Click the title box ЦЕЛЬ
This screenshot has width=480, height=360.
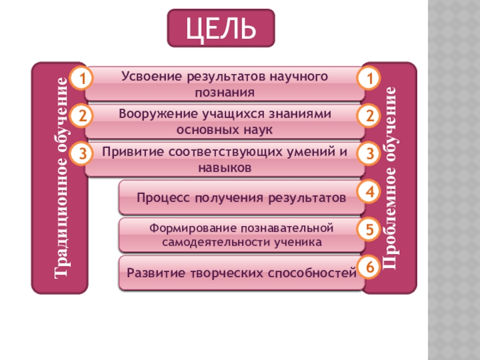coord(221,28)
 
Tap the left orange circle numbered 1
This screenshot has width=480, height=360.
coord(83,79)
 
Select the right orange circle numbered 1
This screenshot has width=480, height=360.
coord(370,79)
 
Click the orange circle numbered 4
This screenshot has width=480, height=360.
coord(370,192)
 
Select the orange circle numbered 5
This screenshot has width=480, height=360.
coord(370,230)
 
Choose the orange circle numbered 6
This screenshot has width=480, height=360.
coord(370,268)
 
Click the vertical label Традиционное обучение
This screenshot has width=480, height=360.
coord(61,178)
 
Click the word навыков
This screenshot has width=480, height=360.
coord(224,168)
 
